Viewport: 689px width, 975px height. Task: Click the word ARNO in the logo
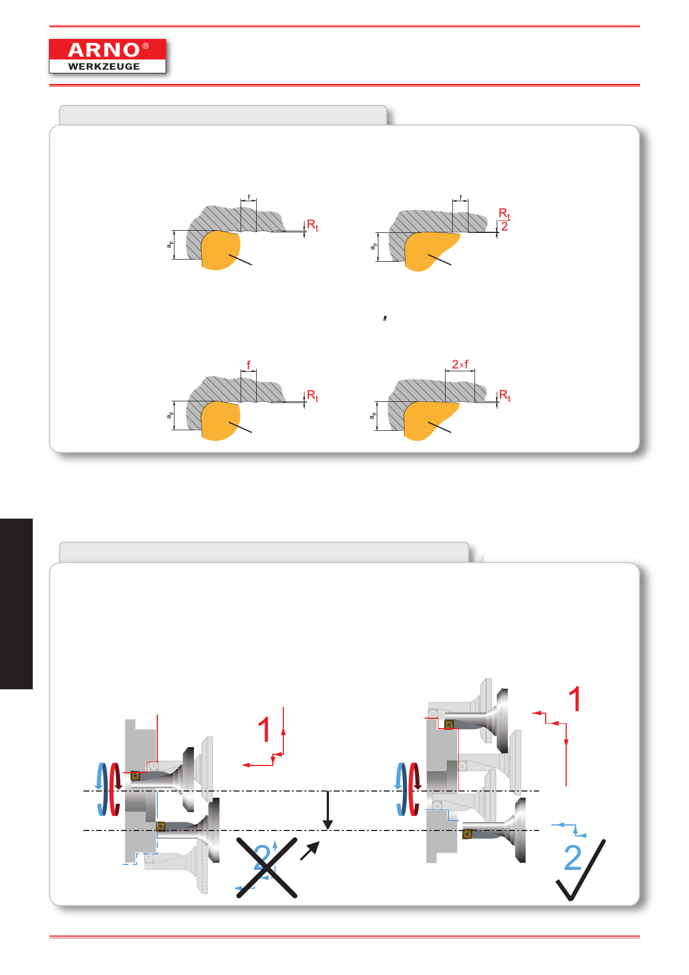[104, 50]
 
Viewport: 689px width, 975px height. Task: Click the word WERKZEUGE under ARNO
[104, 66]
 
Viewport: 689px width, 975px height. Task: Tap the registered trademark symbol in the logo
[146, 46]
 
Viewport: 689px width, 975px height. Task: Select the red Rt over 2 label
[505, 220]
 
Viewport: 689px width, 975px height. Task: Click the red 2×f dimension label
[460, 365]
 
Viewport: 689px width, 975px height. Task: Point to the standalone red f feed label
[248, 365]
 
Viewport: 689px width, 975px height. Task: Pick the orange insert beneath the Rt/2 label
[431, 251]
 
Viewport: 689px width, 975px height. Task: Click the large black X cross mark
[267, 867]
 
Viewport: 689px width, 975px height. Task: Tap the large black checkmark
[581, 870]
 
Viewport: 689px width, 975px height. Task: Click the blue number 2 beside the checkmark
[573, 858]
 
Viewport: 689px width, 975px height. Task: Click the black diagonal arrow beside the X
[310, 850]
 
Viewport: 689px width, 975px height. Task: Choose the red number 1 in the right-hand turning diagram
[575, 699]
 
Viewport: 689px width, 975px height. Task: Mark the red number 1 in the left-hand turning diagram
[264, 729]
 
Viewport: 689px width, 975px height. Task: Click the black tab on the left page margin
[16, 604]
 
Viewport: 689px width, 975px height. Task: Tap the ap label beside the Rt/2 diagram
[373, 246]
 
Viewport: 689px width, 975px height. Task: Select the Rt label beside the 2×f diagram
[505, 395]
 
